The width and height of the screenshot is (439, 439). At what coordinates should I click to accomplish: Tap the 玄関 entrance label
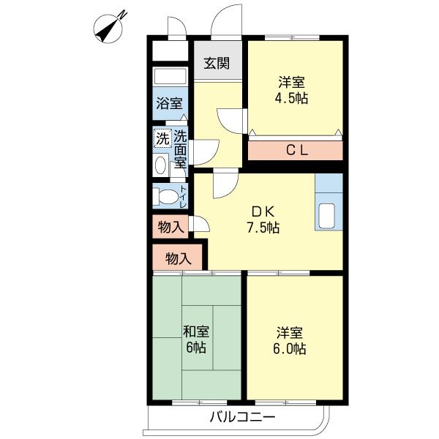[x=216, y=63]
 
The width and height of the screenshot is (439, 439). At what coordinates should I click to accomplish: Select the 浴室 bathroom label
[x=170, y=104]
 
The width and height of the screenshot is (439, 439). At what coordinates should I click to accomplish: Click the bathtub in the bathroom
[x=170, y=78]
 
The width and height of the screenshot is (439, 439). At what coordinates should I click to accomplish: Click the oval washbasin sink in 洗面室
[x=160, y=164]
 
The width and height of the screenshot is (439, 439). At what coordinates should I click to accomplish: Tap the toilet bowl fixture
[x=168, y=196]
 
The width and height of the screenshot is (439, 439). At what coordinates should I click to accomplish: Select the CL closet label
[x=295, y=151]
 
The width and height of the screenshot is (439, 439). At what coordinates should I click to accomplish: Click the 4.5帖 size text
[x=292, y=97]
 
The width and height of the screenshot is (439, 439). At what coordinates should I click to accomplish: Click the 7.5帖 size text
[x=262, y=227]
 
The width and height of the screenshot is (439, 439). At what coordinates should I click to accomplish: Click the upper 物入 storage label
[x=171, y=227]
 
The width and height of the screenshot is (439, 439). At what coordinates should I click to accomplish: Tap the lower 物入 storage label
[x=179, y=258]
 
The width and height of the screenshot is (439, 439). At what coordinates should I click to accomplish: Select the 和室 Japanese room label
[x=195, y=331]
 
